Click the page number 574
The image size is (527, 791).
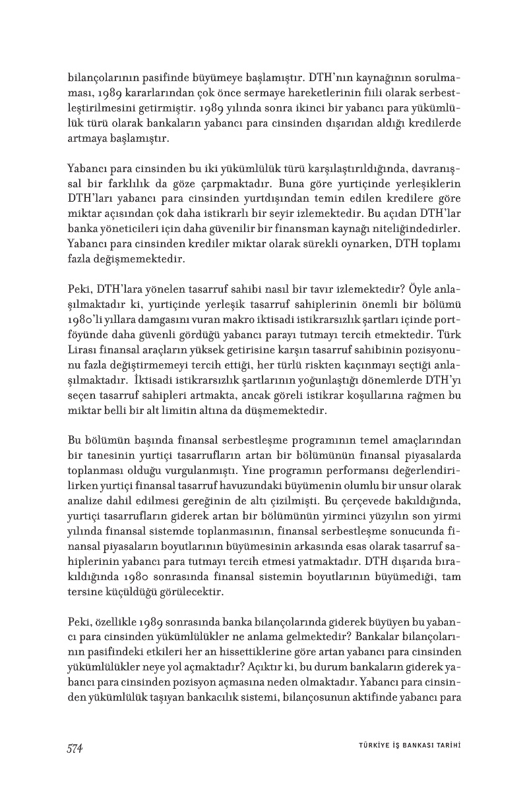click(75, 747)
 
